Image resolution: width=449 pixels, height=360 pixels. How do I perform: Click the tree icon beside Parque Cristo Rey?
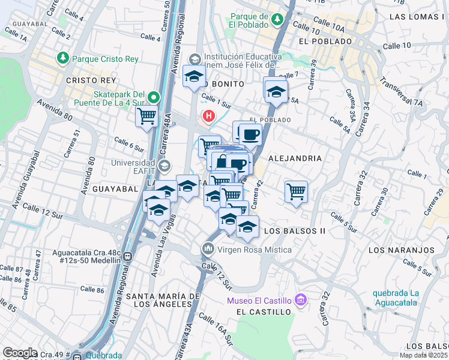tap(62, 58)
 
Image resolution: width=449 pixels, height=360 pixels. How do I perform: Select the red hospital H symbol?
tap(209, 115)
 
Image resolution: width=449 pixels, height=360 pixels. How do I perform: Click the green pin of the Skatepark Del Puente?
tap(154, 97)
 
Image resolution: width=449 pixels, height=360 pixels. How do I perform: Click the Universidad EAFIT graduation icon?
tap(163, 166)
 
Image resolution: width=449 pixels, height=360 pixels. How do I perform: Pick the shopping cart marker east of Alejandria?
tap(296, 191)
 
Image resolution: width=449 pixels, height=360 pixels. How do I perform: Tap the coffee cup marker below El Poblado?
tap(251, 133)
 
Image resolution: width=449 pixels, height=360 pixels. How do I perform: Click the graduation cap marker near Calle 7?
tap(275, 91)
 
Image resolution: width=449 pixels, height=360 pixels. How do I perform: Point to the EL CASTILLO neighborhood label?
tap(264, 312)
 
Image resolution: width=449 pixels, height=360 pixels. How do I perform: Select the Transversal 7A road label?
tap(401, 94)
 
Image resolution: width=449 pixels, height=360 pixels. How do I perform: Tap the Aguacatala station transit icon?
tap(127, 257)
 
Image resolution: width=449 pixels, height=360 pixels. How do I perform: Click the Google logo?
tap(20, 352)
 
